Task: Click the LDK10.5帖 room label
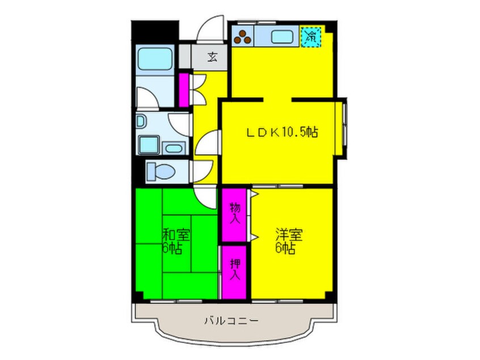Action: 282,132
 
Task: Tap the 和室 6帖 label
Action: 176,241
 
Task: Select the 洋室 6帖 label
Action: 289,241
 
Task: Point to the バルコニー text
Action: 231,321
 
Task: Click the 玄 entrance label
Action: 212,57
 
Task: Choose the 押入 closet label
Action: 235,269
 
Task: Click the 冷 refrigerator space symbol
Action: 311,37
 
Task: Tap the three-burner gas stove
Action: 243,37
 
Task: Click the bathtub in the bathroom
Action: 154,58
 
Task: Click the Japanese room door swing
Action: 206,198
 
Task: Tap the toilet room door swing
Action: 202,172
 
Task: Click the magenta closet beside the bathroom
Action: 183,90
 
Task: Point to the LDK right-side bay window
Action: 341,128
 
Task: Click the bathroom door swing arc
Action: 147,98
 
